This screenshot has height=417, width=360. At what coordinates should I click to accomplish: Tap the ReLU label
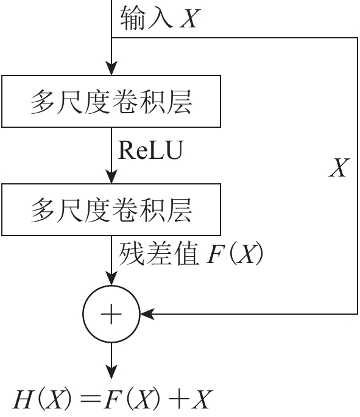tap(151, 150)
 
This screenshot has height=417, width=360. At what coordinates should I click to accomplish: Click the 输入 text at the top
tap(147, 18)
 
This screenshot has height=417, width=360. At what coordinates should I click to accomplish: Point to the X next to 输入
tap(190, 19)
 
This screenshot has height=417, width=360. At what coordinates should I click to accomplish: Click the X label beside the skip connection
tap(339, 167)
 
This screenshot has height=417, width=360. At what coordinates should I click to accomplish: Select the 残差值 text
tap(159, 253)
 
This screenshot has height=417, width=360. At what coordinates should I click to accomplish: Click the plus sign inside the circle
tap(111, 314)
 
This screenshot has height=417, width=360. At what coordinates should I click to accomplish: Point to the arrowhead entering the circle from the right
tap(147, 314)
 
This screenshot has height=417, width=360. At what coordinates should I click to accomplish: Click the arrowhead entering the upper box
tap(111, 68)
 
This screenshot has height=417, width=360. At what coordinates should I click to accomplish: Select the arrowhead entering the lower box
tap(111, 177)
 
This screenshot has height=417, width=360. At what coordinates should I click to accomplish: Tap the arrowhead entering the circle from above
tap(111, 278)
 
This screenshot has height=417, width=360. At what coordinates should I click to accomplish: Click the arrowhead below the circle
tap(111, 371)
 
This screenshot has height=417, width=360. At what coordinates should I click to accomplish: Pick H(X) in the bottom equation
tap(43, 400)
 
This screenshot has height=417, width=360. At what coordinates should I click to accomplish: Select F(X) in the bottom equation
tap(132, 400)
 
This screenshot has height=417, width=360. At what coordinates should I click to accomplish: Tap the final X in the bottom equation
tap(202, 399)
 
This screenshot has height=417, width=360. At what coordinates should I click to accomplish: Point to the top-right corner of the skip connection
tap(358, 38)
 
